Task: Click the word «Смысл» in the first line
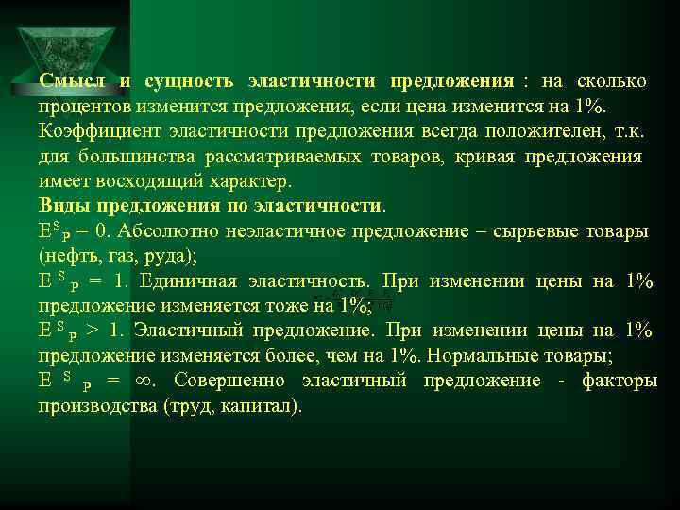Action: coord(71,81)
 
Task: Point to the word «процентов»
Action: coord(80,106)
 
